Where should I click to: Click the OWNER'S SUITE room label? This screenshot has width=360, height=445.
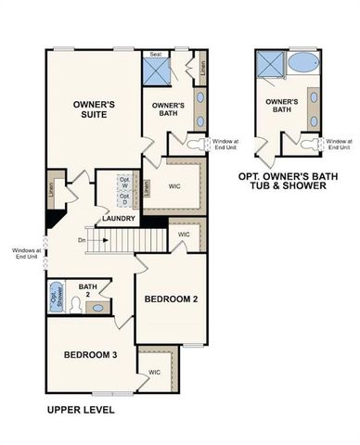pos(95,111)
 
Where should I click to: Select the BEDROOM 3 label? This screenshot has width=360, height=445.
pos(91,355)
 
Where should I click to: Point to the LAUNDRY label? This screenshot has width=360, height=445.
pos(120,219)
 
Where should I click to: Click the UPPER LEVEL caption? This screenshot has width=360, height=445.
pos(82,407)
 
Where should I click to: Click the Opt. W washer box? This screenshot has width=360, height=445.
pos(124,181)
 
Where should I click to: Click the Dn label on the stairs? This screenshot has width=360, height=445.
pos(82,241)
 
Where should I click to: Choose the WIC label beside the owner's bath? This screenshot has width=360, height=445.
pos(174,185)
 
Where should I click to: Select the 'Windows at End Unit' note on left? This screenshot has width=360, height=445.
pos(25,252)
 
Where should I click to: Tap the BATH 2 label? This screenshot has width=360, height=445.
pos(89,291)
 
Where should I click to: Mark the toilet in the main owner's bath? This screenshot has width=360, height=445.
pos(193,145)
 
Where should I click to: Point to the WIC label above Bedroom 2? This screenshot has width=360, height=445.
pos(184,235)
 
